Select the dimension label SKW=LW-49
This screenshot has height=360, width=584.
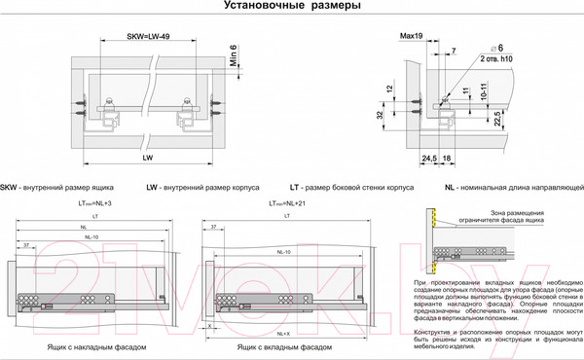pos(150,37)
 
